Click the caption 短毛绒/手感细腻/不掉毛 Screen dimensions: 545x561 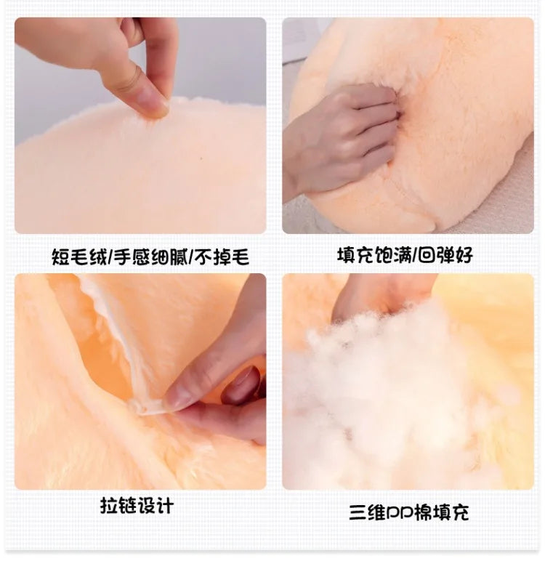coord(150,257)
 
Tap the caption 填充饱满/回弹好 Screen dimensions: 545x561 coord(405,256)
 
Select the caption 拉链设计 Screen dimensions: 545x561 coord(137,506)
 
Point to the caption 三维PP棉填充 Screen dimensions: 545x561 coord(409,512)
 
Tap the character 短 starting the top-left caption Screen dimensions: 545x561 coord(61,257)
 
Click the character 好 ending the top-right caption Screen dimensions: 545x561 coord(464,256)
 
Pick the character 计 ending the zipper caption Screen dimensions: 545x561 coord(165,506)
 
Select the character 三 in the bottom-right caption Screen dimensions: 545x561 coord(358,513)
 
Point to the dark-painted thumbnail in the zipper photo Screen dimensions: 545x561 coord(242,384)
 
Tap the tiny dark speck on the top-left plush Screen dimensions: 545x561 coord(201,158)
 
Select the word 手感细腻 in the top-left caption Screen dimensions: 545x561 coord(150,257)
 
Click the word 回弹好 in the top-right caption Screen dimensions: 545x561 coord(445,256)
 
